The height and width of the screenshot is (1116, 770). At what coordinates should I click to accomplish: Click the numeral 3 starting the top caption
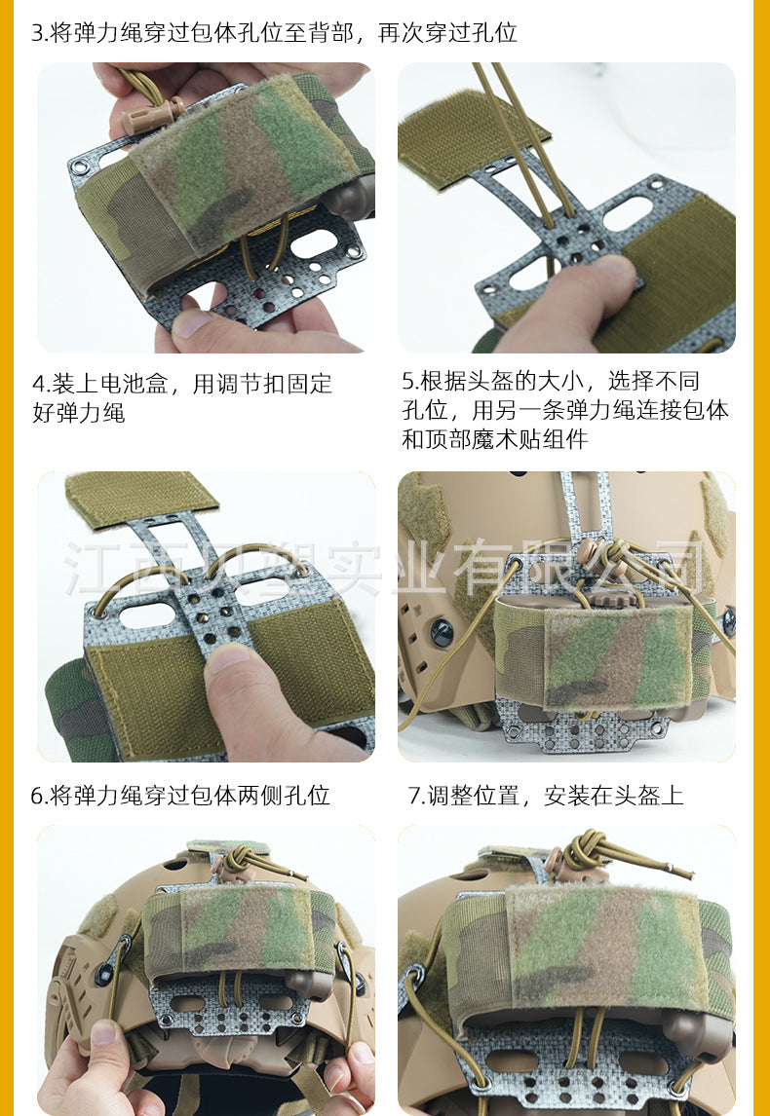coord(38,33)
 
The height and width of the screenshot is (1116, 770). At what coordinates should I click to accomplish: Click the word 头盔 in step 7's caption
coord(638,795)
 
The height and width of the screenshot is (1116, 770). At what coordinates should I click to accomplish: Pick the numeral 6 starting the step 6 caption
coord(38,796)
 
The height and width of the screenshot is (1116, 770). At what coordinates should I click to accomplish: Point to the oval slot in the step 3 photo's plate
coord(315,242)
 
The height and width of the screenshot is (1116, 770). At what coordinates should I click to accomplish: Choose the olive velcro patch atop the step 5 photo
coord(140,499)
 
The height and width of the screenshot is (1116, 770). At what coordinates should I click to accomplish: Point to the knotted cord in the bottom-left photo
coord(245,861)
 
